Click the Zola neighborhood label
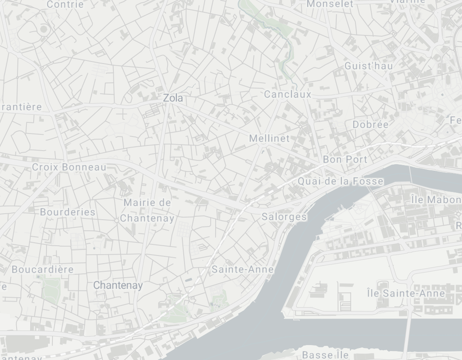(173, 98)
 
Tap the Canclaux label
(288, 94)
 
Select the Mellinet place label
(269, 139)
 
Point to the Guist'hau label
(369, 66)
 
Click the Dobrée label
(370, 125)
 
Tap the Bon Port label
(345, 160)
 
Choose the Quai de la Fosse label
(340, 181)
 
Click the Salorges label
(284, 217)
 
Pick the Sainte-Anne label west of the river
(243, 270)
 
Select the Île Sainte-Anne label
(406, 293)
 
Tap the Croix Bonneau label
(69, 167)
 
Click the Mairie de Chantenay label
(147, 211)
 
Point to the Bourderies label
(67, 212)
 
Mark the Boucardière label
(43, 270)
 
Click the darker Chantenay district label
(118, 285)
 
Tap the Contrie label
(65, 5)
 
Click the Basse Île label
(325, 355)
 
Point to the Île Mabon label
(436, 199)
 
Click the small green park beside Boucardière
(51, 290)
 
